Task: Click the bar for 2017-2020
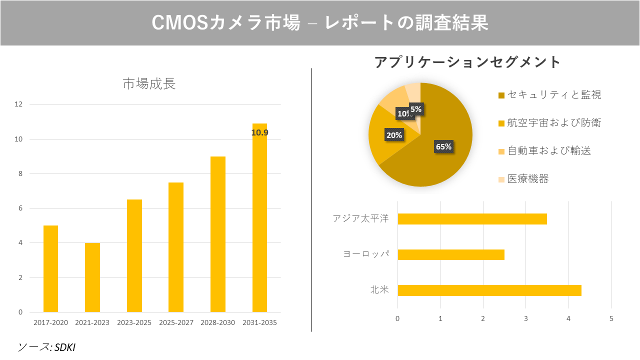click(x=50, y=269)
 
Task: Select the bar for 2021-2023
click(x=92, y=277)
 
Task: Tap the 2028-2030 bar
click(x=218, y=234)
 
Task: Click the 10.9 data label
click(x=259, y=133)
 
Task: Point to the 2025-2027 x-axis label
click(x=176, y=323)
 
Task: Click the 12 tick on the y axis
click(x=18, y=104)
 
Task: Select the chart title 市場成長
click(x=149, y=84)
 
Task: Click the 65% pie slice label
click(x=443, y=147)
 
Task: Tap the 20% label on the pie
click(x=394, y=135)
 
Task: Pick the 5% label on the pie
click(x=415, y=109)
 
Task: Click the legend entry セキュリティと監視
click(x=553, y=95)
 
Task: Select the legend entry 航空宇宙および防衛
click(x=553, y=123)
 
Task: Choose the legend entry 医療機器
click(x=527, y=179)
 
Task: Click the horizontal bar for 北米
click(x=489, y=290)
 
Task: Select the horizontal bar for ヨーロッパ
click(x=450, y=254)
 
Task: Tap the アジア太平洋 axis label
click(x=360, y=219)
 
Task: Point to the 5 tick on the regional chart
click(x=611, y=318)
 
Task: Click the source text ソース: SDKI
click(x=46, y=347)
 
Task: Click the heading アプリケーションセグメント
click(x=467, y=62)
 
